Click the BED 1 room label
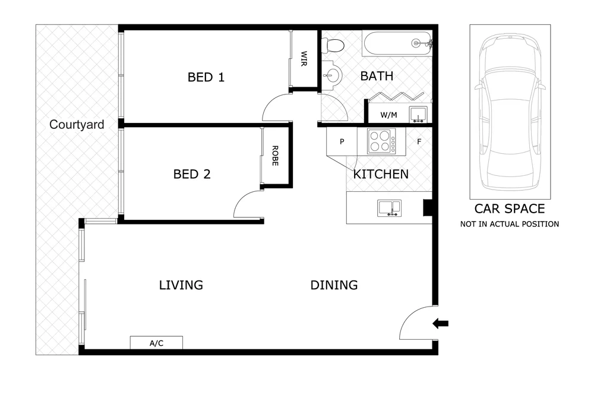pos(206,77)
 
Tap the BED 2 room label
pos(192,175)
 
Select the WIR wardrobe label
pos(304,59)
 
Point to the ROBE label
pos(275,156)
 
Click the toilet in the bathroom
pos(331,45)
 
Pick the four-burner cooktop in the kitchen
pos(381,142)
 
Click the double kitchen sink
pos(389,207)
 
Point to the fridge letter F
pos(419,143)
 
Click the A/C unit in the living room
pos(156,343)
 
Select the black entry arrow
pos(440,323)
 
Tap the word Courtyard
pos(77,125)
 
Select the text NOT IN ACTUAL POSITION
pos(510,225)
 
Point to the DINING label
pos(334,285)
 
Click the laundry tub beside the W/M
pos(419,115)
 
